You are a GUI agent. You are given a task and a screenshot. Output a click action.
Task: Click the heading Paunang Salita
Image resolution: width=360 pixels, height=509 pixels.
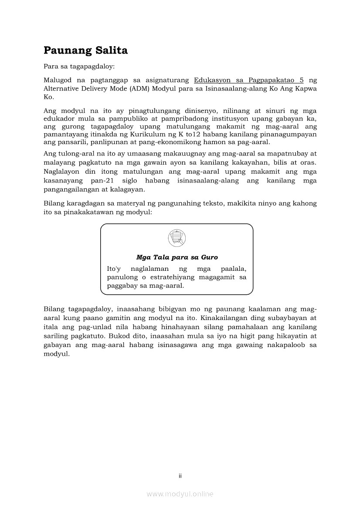85,51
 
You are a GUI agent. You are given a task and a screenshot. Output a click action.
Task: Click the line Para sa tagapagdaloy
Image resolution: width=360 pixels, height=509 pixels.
79,67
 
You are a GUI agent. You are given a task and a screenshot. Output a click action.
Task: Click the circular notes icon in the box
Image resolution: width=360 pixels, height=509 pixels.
177,238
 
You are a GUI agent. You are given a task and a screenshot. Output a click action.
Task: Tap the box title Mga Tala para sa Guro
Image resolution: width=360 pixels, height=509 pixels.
177,257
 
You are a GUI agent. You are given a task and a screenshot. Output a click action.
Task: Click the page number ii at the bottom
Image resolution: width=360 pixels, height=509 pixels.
180,476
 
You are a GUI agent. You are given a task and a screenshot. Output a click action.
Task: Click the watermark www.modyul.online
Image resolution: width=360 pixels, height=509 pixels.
180,494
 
